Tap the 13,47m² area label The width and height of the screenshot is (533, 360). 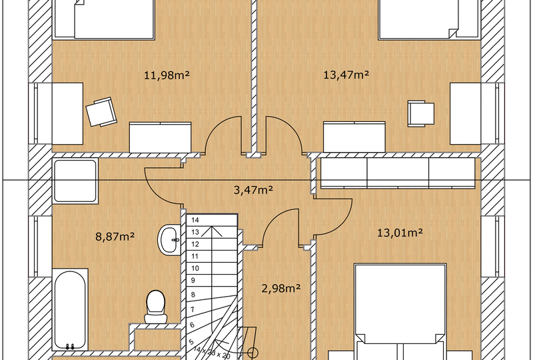[346, 75]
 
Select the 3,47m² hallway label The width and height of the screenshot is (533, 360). [253, 190]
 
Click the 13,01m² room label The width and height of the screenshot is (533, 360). [400, 233]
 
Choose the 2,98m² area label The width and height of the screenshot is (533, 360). [279, 288]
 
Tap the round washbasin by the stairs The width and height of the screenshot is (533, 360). [169, 240]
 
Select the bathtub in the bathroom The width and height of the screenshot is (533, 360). [69, 309]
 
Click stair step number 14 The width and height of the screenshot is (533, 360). [196, 219]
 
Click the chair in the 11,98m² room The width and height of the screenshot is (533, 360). [101, 111]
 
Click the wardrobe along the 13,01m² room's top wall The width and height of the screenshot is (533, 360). [398, 172]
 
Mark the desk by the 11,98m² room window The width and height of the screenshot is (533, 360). [67, 113]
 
